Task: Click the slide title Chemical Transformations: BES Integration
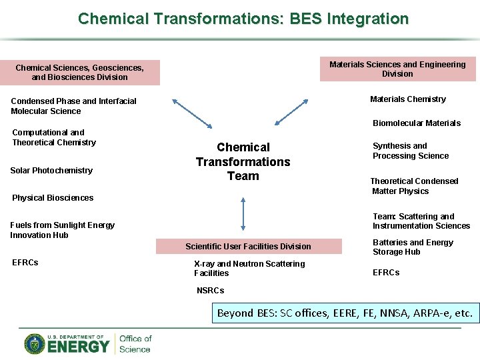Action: point(243,18)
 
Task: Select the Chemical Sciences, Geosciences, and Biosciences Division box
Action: point(80,72)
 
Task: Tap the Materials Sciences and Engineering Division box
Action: point(397,69)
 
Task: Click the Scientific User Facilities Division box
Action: point(248,247)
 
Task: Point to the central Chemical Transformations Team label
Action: point(243,162)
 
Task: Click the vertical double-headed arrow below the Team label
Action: point(243,213)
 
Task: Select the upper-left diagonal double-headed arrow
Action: point(192,113)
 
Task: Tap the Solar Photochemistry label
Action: point(52,171)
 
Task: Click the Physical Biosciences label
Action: point(53,198)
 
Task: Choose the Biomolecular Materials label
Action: point(417,123)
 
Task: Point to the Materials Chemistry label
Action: point(408,99)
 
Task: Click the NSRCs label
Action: point(211,291)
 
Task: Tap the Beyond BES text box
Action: point(345,313)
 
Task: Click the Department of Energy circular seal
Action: point(35,344)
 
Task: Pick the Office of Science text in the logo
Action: point(135,344)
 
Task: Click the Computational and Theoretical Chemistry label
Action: point(54,137)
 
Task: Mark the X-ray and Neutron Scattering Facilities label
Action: point(249,269)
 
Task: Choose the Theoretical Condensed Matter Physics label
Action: point(415,186)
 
